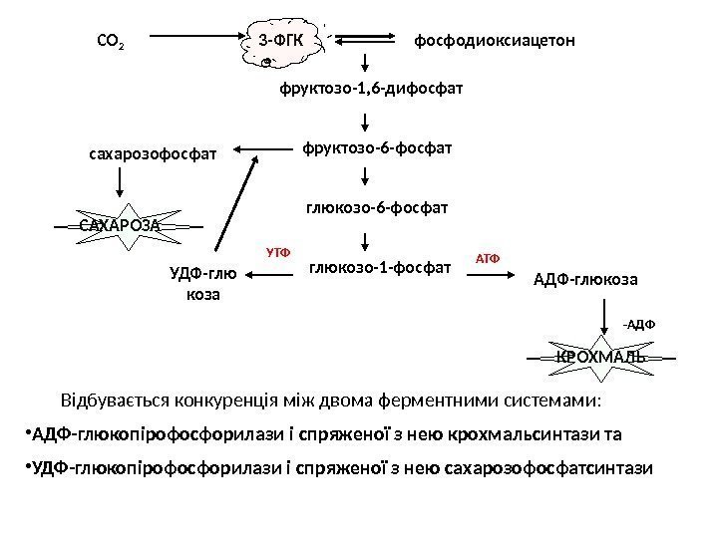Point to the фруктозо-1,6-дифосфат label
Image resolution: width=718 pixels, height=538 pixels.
point(372,90)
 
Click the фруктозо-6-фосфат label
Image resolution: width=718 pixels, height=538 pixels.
point(377,149)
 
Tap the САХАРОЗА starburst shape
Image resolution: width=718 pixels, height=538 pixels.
point(120,226)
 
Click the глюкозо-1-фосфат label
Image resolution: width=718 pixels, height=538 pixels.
point(380,267)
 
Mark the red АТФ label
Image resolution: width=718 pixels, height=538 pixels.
point(487,258)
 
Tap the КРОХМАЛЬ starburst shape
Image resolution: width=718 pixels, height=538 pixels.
point(599,356)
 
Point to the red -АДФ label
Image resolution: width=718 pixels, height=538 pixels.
point(640,324)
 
